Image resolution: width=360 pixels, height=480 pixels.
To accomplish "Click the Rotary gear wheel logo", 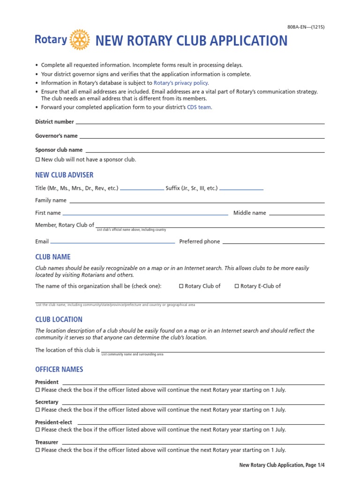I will tap(79, 40).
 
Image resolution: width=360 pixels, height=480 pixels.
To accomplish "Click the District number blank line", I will tap(200, 123).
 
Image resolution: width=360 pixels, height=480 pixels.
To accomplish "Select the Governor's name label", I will tap(56, 136).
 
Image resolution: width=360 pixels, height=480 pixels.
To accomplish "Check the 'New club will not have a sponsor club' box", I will tap(38, 160).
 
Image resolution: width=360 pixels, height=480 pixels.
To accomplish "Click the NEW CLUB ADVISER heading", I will tap(64, 175).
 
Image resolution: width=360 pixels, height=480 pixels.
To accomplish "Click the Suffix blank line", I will tap(241, 189).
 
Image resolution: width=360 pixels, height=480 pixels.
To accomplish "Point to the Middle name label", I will tap(249, 213).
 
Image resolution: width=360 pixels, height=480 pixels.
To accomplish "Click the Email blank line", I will tap(112, 243).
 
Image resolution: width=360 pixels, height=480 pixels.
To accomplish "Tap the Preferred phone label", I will tap(199, 242).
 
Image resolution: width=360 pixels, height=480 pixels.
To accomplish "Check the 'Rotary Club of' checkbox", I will tap(181, 286).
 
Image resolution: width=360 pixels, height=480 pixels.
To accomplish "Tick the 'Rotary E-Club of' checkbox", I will tap(237, 286).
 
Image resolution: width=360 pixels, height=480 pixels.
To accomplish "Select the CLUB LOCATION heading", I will tap(59, 320).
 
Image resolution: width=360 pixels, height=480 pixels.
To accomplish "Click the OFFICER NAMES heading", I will tap(59, 370).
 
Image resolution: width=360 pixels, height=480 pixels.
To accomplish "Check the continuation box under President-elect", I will tap(38, 430).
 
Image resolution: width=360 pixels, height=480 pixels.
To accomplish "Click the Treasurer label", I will tap(46, 442).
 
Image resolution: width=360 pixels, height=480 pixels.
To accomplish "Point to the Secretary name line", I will tap(193, 404).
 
